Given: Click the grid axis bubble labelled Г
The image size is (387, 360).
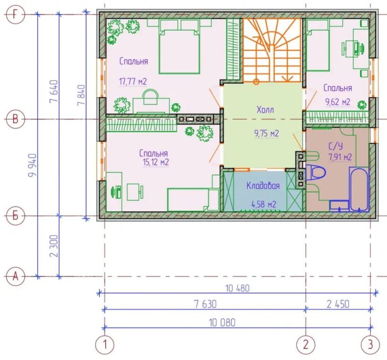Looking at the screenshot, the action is click(x=15, y=15).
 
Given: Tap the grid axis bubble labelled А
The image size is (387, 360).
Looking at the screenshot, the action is click(x=15, y=276).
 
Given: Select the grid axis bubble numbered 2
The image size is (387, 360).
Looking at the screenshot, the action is click(x=306, y=344).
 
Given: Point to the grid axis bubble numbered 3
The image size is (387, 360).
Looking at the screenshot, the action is click(x=370, y=344).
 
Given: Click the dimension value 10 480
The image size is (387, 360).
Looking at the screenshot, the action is click(x=237, y=288).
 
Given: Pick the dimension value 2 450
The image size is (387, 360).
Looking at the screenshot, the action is click(x=338, y=304).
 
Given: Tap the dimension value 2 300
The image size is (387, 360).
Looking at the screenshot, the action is click(x=54, y=246).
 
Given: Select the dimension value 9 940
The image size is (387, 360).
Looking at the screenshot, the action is click(x=32, y=165).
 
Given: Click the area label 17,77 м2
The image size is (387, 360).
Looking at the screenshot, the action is click(x=133, y=81).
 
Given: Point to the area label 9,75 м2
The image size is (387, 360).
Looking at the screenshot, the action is click(x=267, y=134).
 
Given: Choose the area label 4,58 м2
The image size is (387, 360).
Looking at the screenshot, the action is click(x=263, y=204).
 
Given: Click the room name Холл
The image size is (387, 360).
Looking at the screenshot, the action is click(x=265, y=109).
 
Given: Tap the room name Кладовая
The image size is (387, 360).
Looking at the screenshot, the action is click(x=263, y=186).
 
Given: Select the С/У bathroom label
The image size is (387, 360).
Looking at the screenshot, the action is click(x=336, y=146).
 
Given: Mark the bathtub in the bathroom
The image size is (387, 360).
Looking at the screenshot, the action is click(x=359, y=189).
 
